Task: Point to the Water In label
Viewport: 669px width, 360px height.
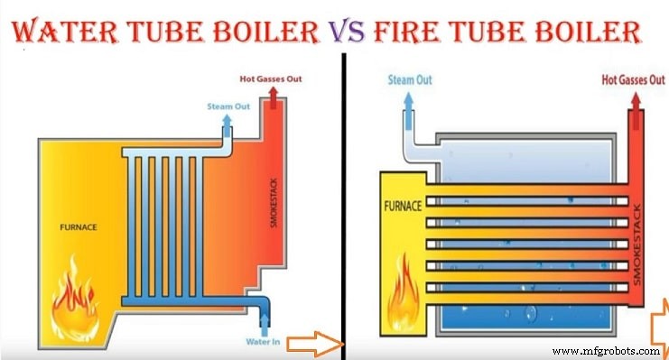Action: (x=264, y=341)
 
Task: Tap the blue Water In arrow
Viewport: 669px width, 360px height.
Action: (x=264, y=322)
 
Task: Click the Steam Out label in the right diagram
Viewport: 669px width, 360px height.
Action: (x=410, y=79)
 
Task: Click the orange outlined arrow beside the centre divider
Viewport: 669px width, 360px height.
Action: (x=321, y=342)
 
